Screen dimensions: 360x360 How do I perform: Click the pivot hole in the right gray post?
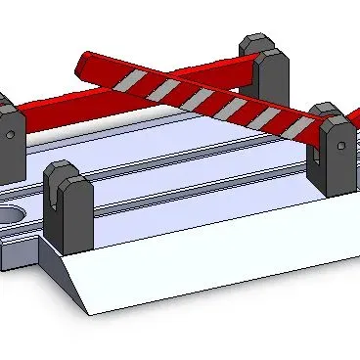[340, 149]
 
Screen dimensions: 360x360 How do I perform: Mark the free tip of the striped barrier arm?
[82, 66]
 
